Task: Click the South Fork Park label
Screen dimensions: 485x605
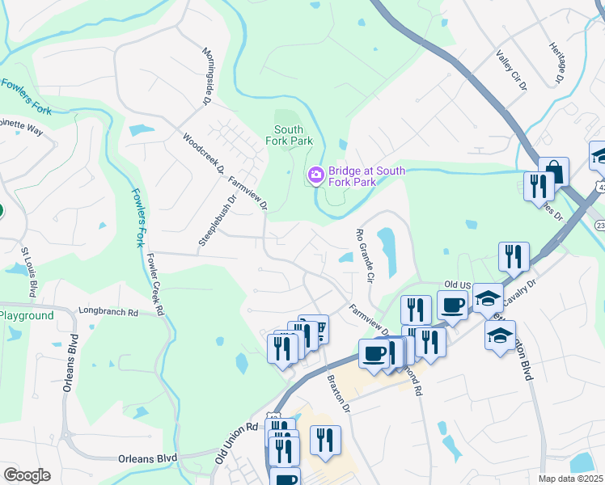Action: (x=289, y=135)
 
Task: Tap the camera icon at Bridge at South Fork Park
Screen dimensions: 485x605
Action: (x=315, y=175)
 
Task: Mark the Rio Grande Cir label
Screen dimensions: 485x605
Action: (x=365, y=255)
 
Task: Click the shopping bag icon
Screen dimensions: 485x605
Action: (x=554, y=171)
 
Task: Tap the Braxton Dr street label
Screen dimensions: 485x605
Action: (x=338, y=394)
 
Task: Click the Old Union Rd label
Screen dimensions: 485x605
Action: (x=237, y=442)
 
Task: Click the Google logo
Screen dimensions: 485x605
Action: (x=27, y=475)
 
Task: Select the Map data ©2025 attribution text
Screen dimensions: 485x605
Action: (x=570, y=479)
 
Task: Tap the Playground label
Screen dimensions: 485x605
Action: (x=27, y=316)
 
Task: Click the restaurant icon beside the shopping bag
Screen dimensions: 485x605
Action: (x=537, y=187)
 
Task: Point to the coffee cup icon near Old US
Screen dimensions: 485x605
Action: (x=453, y=306)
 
